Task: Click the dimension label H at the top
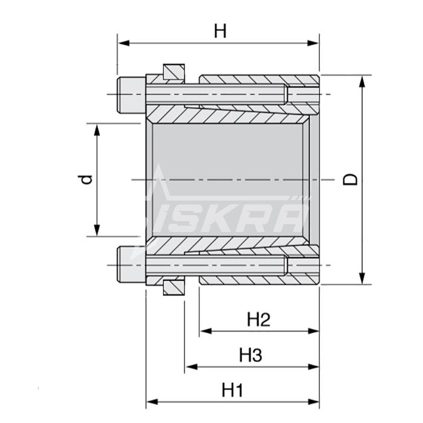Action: click(x=220, y=31)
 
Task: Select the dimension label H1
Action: click(x=232, y=390)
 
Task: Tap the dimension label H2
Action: click(x=259, y=320)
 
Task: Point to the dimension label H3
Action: click(x=251, y=355)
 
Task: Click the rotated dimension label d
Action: click(x=85, y=179)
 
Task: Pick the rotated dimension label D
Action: click(x=350, y=179)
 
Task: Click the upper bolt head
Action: click(x=132, y=94)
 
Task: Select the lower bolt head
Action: click(x=132, y=265)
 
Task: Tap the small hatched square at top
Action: click(x=174, y=72)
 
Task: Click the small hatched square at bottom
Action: click(x=174, y=288)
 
